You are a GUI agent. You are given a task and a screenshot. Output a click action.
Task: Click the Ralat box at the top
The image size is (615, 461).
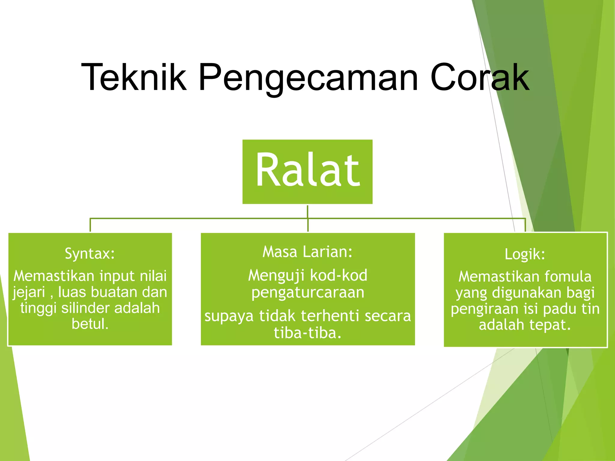(x=307, y=172)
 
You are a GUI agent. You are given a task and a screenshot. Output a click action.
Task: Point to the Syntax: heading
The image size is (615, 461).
(x=90, y=254)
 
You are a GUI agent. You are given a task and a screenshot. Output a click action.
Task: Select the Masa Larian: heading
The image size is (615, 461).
(x=307, y=252)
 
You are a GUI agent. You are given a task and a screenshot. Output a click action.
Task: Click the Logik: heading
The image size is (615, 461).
(x=525, y=254)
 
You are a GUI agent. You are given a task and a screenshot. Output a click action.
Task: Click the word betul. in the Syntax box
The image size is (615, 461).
(x=90, y=324)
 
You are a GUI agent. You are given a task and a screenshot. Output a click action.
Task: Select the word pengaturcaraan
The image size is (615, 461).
(x=308, y=292)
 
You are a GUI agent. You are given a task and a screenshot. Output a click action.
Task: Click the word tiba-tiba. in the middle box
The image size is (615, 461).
(x=308, y=333)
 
